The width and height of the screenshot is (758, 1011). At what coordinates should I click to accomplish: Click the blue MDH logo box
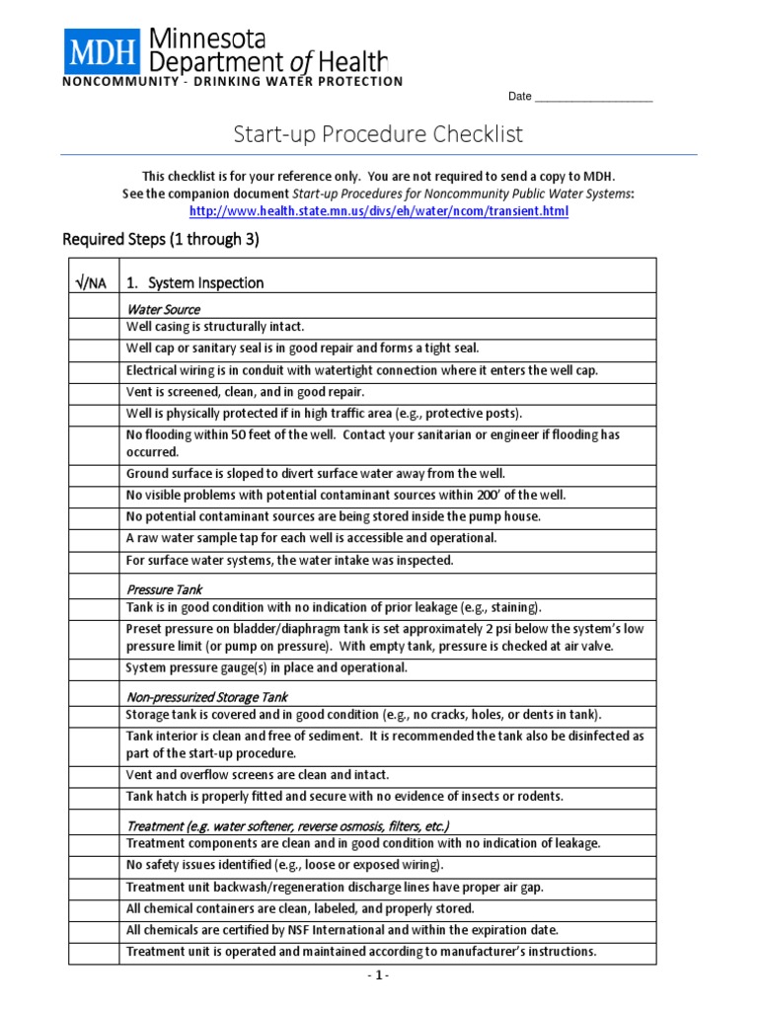point(104,50)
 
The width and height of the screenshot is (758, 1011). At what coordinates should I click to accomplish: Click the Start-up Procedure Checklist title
point(378,134)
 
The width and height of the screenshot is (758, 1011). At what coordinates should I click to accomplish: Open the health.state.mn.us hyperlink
point(379,211)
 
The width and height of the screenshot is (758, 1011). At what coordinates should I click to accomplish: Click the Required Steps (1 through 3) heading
point(161,240)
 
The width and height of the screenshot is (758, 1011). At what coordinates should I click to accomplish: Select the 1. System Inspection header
point(195,283)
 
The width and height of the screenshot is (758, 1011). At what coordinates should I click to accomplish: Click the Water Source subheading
point(163,309)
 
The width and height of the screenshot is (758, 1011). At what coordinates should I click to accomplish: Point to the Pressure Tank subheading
point(164,589)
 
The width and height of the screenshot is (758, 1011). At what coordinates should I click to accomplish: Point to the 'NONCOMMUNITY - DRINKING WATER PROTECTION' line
point(233,81)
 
